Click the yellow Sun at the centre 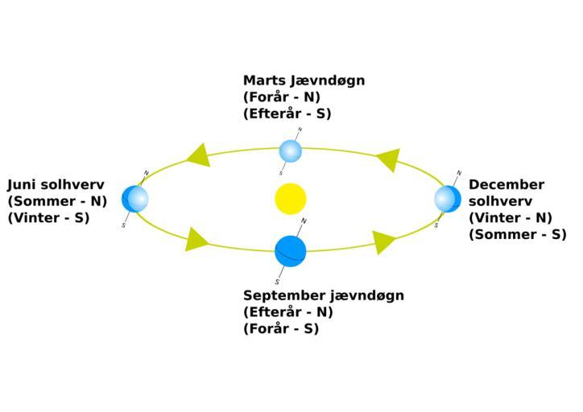[290, 199]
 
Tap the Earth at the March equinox [291, 150]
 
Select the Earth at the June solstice [135, 198]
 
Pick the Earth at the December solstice [447, 198]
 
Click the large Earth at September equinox [290, 251]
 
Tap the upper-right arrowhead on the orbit [387, 159]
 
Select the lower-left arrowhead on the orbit [196, 239]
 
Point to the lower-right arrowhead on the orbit [384, 241]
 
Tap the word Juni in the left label [23, 184]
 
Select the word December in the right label [507, 184]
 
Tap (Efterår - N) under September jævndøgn [288, 312]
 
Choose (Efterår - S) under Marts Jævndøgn [287, 113]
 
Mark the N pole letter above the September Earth [304, 220]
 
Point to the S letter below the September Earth [277, 282]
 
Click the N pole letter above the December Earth [459, 172]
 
